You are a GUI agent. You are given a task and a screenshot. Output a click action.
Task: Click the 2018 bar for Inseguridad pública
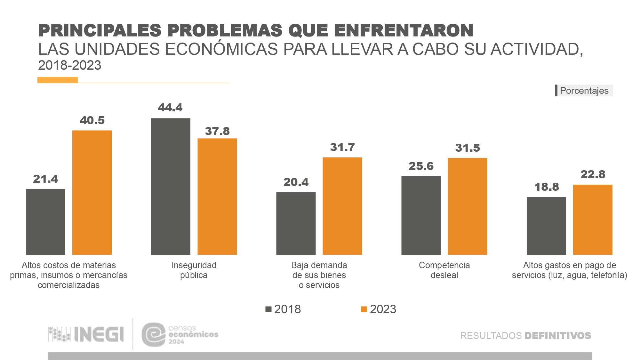point(171,186)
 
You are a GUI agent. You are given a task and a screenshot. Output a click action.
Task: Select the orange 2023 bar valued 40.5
point(92,192)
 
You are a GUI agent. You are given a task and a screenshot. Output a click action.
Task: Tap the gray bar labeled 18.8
point(546,226)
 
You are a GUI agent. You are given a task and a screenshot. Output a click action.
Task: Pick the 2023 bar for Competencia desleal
point(467,206)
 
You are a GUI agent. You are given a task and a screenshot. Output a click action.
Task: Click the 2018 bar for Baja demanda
point(296,223)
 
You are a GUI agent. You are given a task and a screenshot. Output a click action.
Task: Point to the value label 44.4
point(170,108)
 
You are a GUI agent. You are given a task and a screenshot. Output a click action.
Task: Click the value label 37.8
point(217,131)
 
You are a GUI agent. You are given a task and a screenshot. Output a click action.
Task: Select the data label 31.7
point(342,147)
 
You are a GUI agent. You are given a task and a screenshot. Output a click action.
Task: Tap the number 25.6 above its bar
point(421,166)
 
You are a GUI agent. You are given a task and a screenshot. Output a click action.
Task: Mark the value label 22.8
point(593,174)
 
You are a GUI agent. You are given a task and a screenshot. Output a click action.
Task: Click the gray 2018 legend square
point(268,309)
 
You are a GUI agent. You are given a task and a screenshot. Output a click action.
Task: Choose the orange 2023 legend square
point(364,309)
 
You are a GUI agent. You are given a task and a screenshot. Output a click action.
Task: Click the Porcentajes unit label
point(584,91)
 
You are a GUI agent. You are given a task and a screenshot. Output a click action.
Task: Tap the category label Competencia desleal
point(444,270)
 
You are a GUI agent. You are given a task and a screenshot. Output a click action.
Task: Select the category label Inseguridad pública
point(194,270)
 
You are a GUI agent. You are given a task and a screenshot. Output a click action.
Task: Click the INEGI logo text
point(99,334)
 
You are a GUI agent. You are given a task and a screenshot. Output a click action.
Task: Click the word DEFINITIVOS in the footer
point(558,336)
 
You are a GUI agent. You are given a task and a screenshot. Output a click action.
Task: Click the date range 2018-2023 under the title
point(70,65)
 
